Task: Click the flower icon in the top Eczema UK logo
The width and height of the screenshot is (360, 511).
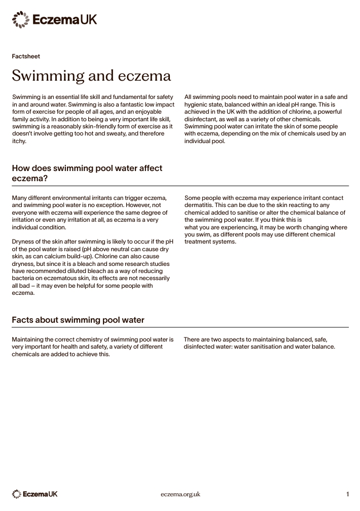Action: [x=21, y=20]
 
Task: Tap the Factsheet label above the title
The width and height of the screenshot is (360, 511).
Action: [x=26, y=56]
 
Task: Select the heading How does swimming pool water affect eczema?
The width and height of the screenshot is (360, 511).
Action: [x=87, y=173]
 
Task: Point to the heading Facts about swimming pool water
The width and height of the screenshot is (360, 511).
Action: [x=78, y=320]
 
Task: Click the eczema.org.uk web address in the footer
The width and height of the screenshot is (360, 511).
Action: [x=181, y=494]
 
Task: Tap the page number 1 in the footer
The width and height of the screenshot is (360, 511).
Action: [x=348, y=494]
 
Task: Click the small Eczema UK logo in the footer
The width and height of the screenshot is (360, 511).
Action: [x=35, y=494]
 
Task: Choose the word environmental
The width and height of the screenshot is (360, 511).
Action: [x=77, y=197]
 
